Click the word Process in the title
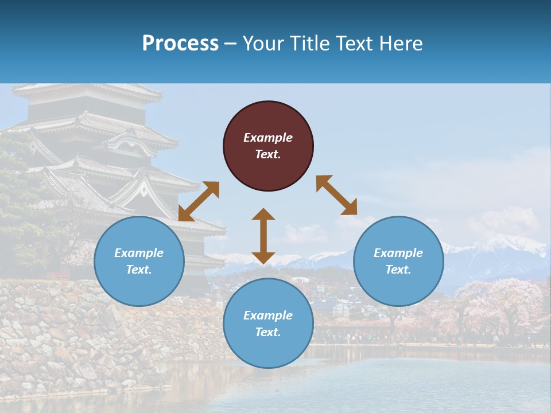tap(180, 44)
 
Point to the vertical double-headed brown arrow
tap(263, 236)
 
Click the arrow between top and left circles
tap(199, 201)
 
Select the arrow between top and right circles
tap(336, 195)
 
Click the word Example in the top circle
tap(268, 138)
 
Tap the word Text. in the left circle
tap(139, 270)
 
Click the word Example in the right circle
tap(398, 253)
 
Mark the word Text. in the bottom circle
tap(268, 332)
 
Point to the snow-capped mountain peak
tap(505, 244)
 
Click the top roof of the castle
tap(86, 91)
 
